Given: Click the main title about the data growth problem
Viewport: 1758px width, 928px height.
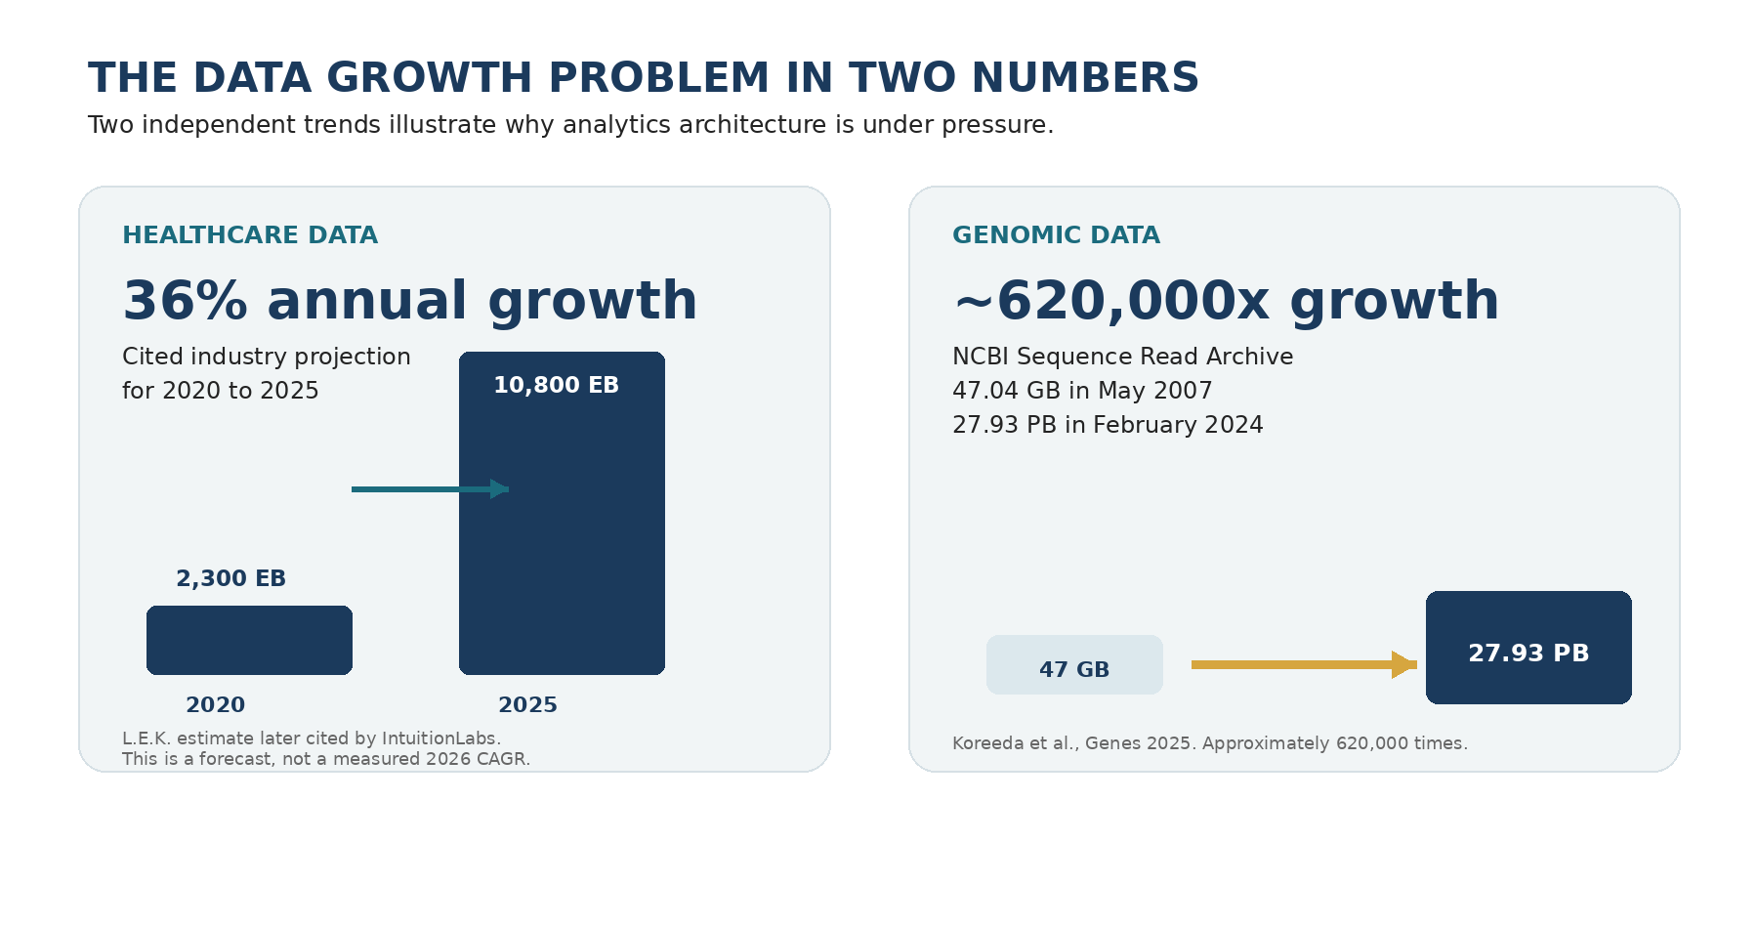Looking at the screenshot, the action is tap(644, 78).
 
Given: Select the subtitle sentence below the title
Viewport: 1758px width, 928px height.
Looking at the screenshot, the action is tap(570, 125).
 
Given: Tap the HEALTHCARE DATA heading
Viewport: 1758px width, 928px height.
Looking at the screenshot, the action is tap(250, 235).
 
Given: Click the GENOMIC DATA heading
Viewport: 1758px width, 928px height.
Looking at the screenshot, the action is tap(1056, 235).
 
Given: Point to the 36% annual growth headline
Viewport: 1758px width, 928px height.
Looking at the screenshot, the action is tap(410, 301).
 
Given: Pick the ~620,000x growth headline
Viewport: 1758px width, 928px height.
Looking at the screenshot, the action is tap(1226, 301).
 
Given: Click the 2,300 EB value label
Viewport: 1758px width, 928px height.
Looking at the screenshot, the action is tap(230, 578).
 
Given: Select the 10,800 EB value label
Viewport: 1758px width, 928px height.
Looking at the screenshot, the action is tap(556, 385).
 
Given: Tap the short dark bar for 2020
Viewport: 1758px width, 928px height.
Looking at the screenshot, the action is tap(249, 640).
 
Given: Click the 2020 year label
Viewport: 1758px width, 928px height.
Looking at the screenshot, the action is tap(215, 705).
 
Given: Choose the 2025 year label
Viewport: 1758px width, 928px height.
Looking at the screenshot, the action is tap(527, 705).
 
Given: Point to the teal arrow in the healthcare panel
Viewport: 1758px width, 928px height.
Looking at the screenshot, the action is tap(430, 488).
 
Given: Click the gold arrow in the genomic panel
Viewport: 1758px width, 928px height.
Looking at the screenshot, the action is tap(1304, 664).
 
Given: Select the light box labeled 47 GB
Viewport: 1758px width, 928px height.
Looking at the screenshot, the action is tap(1074, 664).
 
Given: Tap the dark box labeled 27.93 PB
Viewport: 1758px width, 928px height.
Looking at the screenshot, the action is tap(1528, 647).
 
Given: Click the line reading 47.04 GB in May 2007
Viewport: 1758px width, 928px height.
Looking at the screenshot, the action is tap(1082, 391).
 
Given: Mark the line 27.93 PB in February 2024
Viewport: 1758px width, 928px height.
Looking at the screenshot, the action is tap(1108, 425).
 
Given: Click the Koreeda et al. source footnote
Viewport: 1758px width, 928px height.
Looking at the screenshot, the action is tap(1210, 743).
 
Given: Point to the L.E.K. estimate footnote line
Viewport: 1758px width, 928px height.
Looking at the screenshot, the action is tap(312, 738).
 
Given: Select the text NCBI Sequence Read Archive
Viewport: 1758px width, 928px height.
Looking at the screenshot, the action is tap(1122, 357).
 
